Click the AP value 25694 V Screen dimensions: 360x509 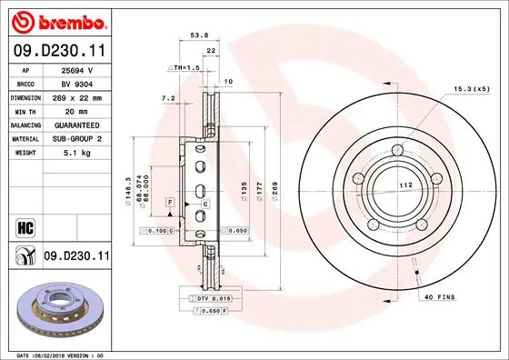tap(74, 69)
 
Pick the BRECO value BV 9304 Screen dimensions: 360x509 tap(74, 82)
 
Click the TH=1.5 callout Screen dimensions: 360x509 tap(185, 68)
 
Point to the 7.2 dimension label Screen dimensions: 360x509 tap(167, 96)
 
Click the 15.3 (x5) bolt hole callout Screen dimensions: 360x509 tap(473, 88)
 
